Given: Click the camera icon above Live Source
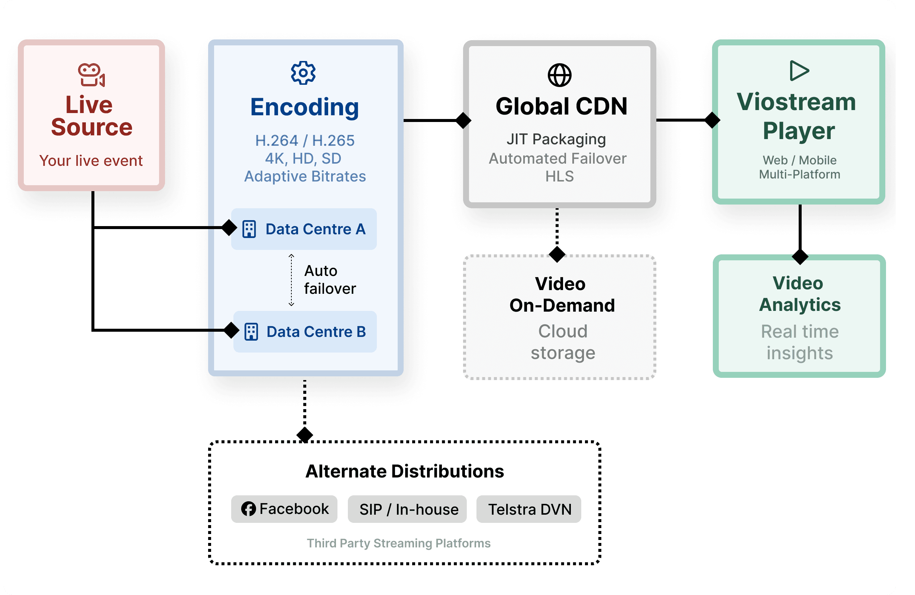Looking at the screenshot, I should [91, 75].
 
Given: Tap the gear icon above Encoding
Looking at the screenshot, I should [303, 73].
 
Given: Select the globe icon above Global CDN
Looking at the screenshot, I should [559, 75].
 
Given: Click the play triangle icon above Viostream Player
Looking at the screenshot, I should [799, 71].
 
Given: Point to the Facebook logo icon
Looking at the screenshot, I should [248, 509].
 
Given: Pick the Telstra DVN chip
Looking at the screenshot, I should [528, 509].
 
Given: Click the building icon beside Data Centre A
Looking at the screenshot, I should [249, 229].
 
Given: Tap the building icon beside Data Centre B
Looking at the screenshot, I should [251, 332].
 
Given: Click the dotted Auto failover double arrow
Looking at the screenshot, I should [291, 280].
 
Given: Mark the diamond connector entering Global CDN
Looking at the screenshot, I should [463, 120].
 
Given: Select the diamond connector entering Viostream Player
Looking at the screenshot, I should [712, 120].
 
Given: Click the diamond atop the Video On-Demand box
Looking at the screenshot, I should [557, 254].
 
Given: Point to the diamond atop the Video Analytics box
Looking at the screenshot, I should [800, 257].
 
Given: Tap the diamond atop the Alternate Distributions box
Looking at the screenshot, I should [305, 435].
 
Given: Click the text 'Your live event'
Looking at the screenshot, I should [91, 161].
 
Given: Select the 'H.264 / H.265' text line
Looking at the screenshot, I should [305, 141].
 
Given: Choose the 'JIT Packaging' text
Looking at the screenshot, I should [556, 139].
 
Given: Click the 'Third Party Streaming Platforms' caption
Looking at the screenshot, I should [398, 543].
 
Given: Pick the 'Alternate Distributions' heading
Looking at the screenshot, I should [404, 471].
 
